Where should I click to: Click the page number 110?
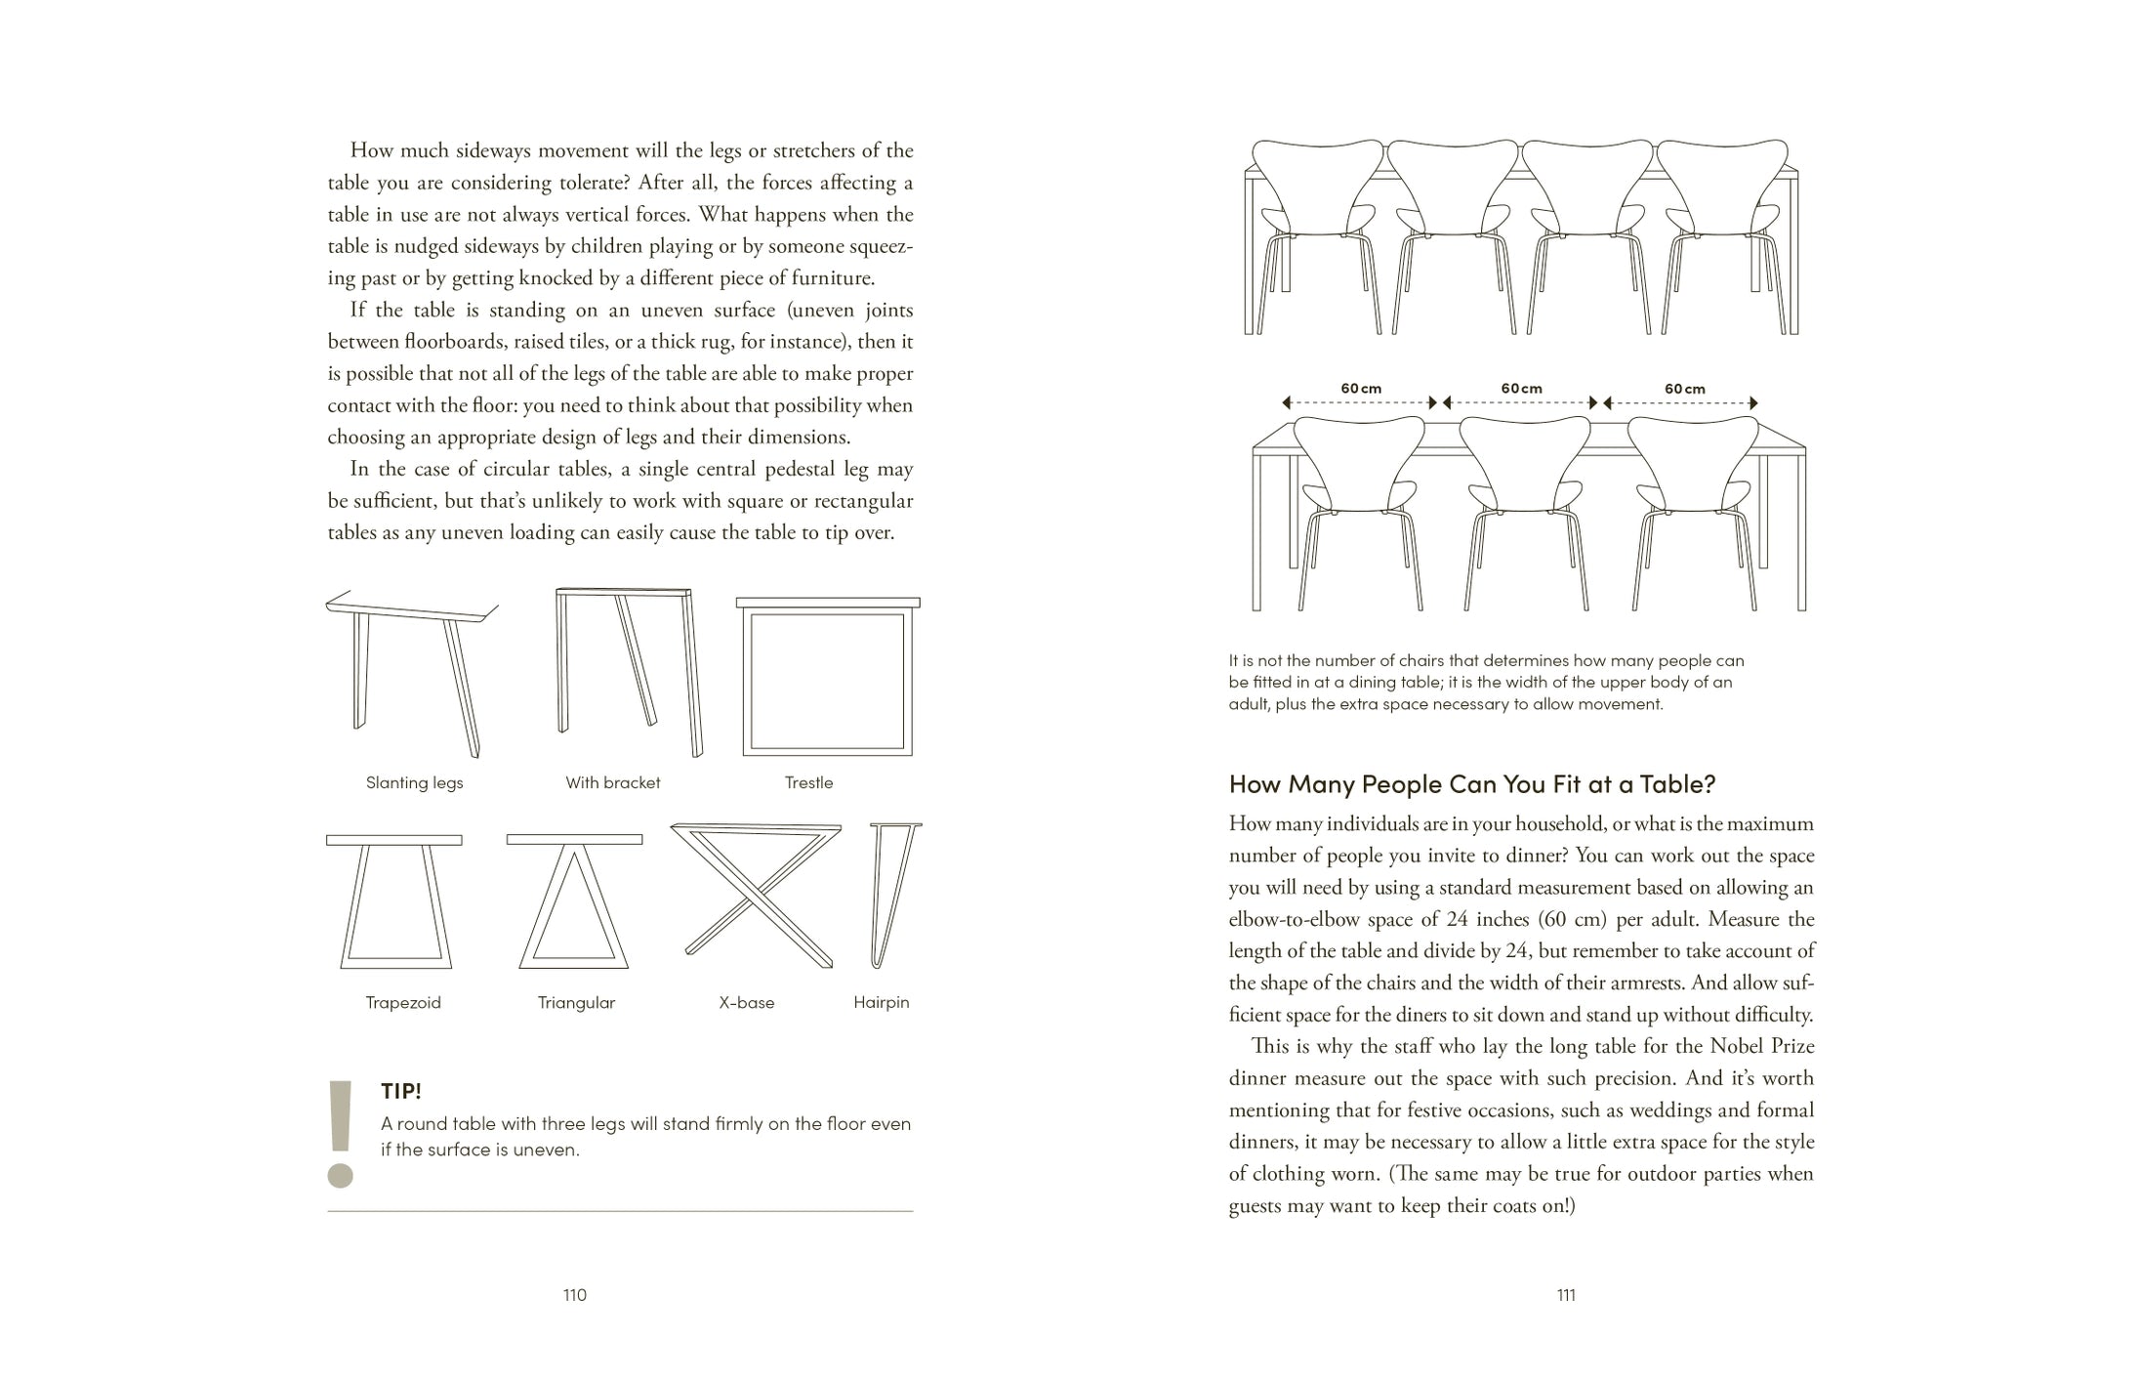574,1295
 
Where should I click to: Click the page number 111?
1566,1295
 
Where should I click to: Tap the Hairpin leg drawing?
892,894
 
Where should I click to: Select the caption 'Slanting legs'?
414,782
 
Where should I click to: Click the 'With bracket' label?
612,782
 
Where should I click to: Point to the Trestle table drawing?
827,677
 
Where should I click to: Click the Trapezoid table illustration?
394,900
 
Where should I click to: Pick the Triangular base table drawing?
574,900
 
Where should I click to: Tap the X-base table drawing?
757,894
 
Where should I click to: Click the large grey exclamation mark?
340,1133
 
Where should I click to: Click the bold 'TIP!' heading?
401,1091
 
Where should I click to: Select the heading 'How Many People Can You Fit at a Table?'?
1471,783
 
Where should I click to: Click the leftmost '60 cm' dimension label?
1361,389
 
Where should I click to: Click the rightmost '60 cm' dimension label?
1684,389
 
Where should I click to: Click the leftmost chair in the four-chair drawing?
1317,230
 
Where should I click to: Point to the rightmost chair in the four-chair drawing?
1723,230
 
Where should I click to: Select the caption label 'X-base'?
746,1002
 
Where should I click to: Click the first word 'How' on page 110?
371,150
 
